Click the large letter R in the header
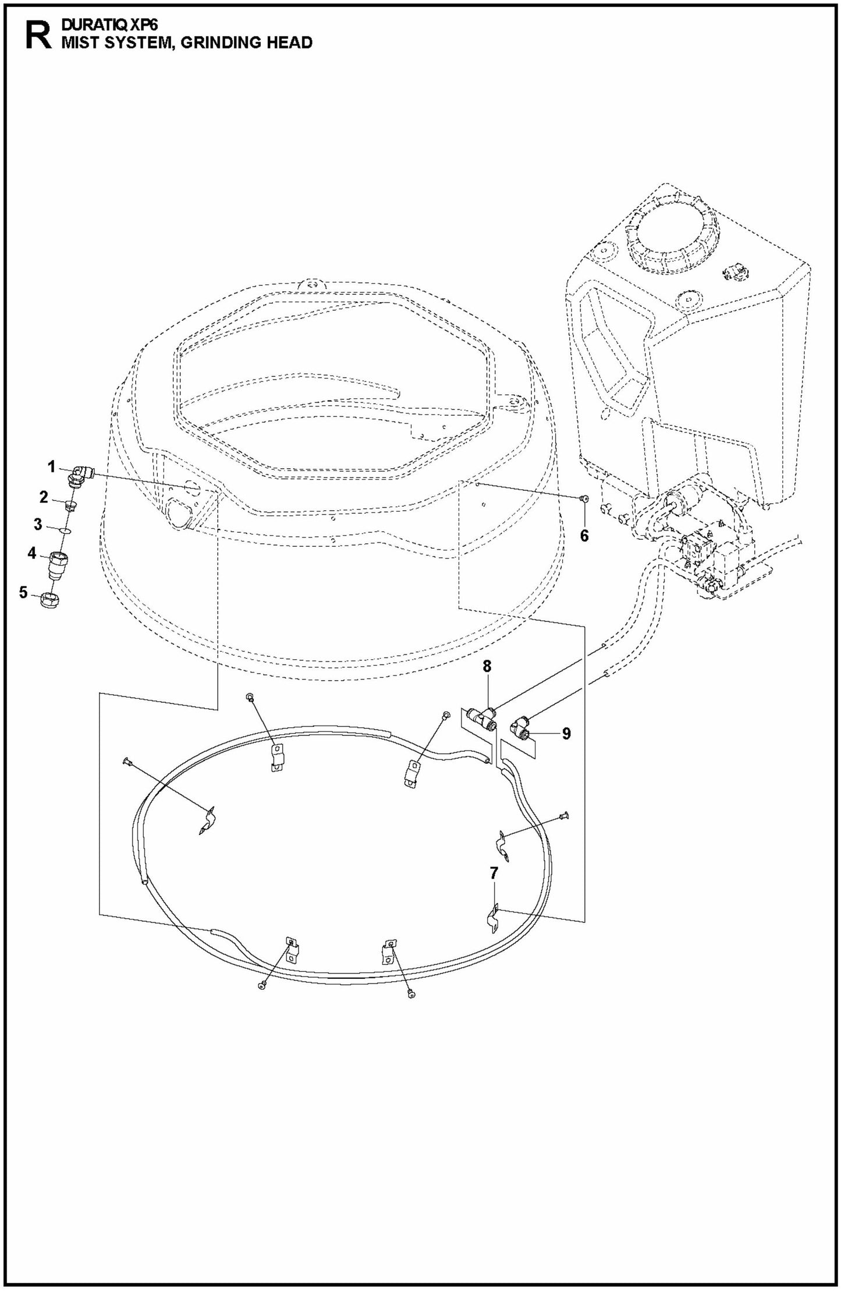(x=37, y=36)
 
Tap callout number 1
(x=51, y=466)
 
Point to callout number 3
(x=38, y=524)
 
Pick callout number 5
(x=23, y=592)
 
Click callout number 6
(x=584, y=535)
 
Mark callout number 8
(x=487, y=666)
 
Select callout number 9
(x=566, y=733)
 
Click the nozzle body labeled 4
(x=59, y=564)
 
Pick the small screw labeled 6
(x=584, y=498)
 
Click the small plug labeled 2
(x=70, y=504)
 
